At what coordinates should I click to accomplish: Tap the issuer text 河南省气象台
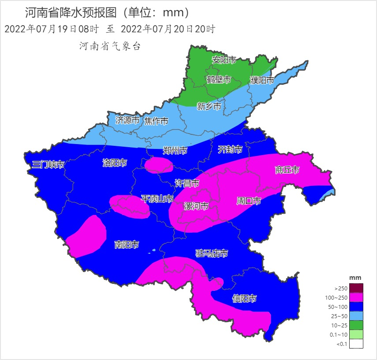pyautogui.click(x=110, y=46)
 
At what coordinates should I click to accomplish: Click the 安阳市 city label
pyautogui.click(x=224, y=60)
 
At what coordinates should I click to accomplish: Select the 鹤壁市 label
pyautogui.click(x=219, y=80)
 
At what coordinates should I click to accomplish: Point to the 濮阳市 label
pyautogui.click(x=262, y=80)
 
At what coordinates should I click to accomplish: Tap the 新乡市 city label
pyautogui.click(x=209, y=106)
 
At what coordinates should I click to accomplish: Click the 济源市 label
pyautogui.click(x=127, y=120)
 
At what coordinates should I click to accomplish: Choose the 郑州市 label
pyautogui.click(x=175, y=151)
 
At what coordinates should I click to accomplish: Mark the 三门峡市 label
pyautogui.click(x=49, y=165)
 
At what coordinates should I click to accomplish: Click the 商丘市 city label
pyautogui.click(x=287, y=170)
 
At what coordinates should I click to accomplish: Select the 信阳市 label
pyautogui.click(x=244, y=299)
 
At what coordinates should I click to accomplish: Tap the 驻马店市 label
pyautogui.click(x=212, y=253)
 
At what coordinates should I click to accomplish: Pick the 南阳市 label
pyautogui.click(x=127, y=245)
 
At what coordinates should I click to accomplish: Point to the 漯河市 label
pyautogui.click(x=196, y=206)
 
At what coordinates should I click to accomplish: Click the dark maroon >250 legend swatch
pyautogui.click(x=356, y=288)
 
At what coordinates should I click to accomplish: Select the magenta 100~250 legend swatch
pyautogui.click(x=356, y=298)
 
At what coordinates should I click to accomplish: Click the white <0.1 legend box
pyautogui.click(x=356, y=344)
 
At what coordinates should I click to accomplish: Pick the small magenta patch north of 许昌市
pyautogui.click(x=159, y=165)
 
